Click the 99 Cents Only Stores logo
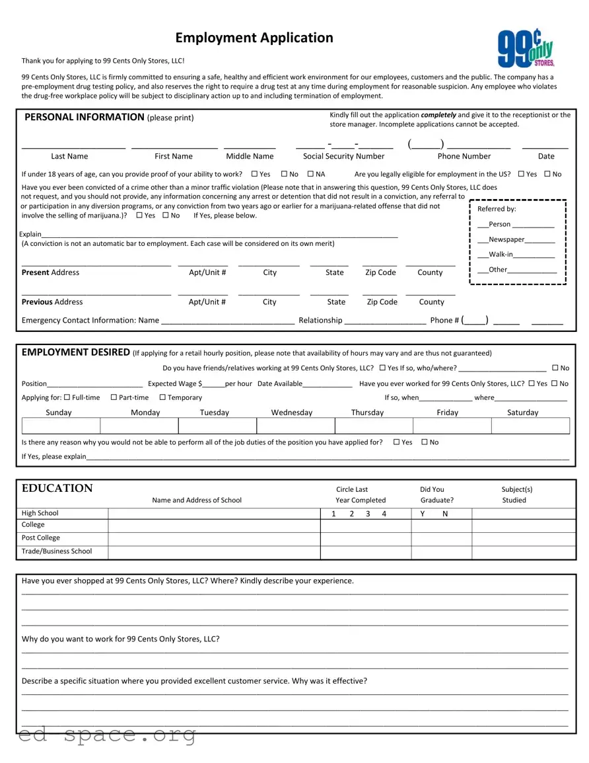pyautogui.click(x=526, y=48)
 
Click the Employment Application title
pyautogui.click(x=254, y=38)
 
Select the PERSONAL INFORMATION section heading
pyautogui.click(x=84, y=117)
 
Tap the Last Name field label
pyautogui.click(x=69, y=157)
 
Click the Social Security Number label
pyautogui.click(x=343, y=157)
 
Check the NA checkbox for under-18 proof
pyautogui.click(x=310, y=175)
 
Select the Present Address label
pyautogui.click(x=50, y=272)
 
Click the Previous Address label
pyautogui.click(x=52, y=302)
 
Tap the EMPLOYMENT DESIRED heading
pyautogui.click(x=75, y=352)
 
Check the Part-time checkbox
pyautogui.click(x=114, y=397)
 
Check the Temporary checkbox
pyautogui.click(x=162, y=397)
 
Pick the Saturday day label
pyautogui.click(x=522, y=413)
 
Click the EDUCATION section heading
pyautogui.click(x=57, y=489)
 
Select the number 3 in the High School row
pyautogui.click(x=368, y=514)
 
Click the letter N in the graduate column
pyautogui.click(x=445, y=514)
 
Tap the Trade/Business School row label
pyautogui.click(x=57, y=551)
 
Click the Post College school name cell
pyautogui.click(x=214, y=538)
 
